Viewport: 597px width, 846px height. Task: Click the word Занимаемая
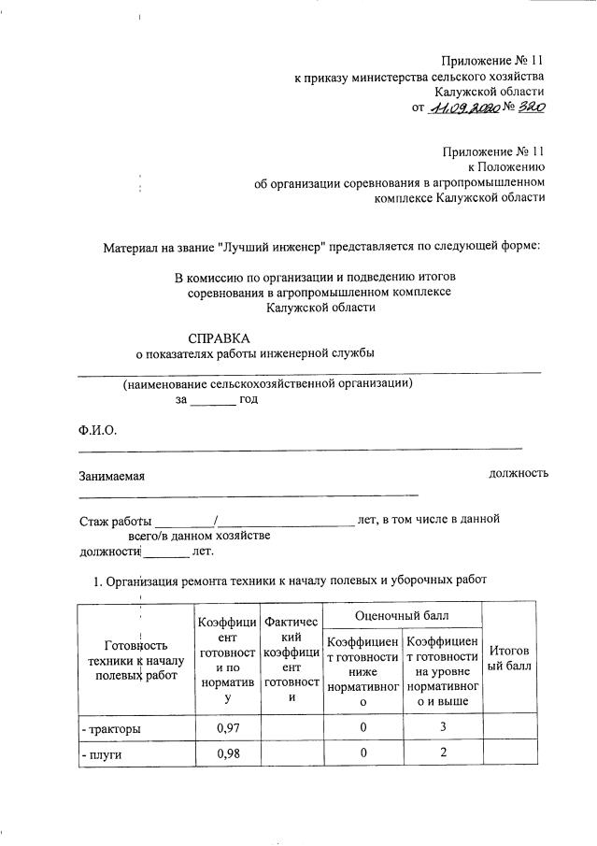pos(111,476)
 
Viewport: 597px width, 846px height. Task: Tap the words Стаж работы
pos(115,519)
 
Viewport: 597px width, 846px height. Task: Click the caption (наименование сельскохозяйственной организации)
pos(267,383)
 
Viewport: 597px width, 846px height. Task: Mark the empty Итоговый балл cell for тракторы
pos(509,726)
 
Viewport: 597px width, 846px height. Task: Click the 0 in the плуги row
pos(361,753)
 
